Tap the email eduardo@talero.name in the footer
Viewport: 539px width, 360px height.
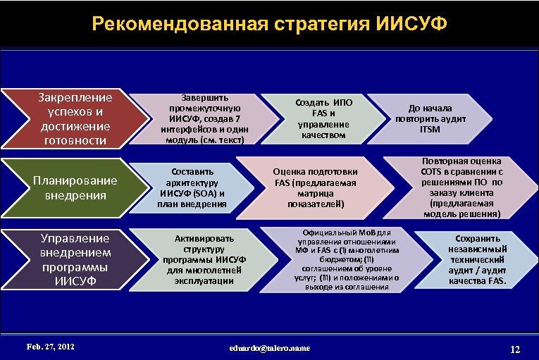coord(269,348)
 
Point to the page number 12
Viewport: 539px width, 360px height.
coord(514,349)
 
